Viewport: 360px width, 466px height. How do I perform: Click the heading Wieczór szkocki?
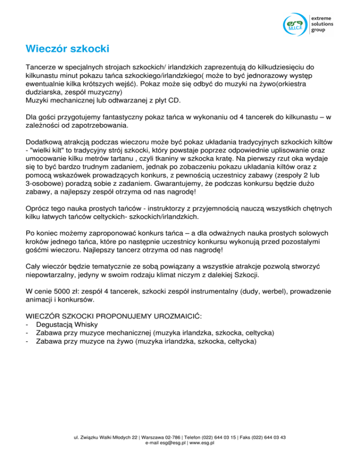(x=67, y=49)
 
